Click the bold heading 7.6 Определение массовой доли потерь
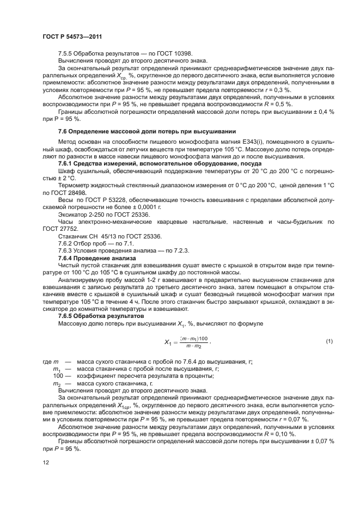(x=147, y=131)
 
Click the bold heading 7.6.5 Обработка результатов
(x=101, y=316)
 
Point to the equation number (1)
(x=329, y=341)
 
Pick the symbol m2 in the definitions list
(x=56, y=383)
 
